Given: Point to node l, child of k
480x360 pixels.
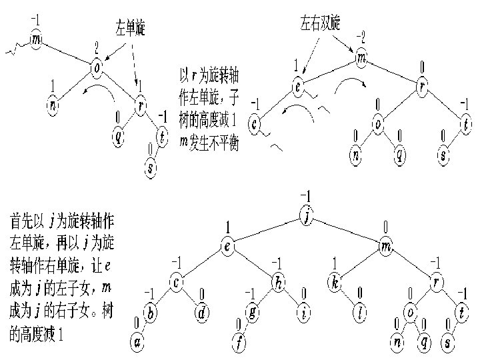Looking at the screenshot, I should click(x=361, y=313).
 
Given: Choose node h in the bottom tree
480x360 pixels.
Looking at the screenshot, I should click(x=278, y=283).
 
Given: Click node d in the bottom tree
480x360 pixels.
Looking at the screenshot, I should click(x=203, y=313).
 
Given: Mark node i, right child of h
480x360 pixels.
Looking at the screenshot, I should click(x=305, y=313).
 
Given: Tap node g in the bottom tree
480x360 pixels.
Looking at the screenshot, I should click(x=253, y=313).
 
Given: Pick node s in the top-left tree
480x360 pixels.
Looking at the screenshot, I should click(x=151, y=167).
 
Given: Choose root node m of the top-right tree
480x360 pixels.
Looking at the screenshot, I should click(x=361, y=59).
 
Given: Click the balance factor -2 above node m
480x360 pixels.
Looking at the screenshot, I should click(x=360, y=36).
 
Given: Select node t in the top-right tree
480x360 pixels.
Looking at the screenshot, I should click(x=465, y=123).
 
